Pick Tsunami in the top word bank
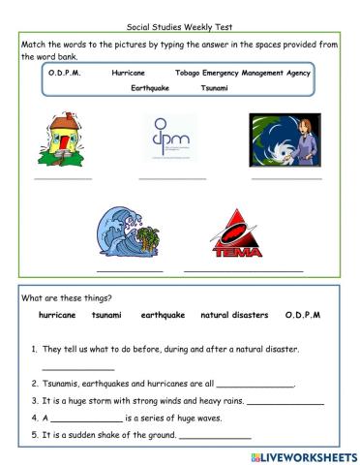tap(215, 87)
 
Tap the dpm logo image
tap(171, 139)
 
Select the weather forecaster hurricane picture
tap(285, 141)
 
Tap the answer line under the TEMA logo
tap(244, 270)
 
